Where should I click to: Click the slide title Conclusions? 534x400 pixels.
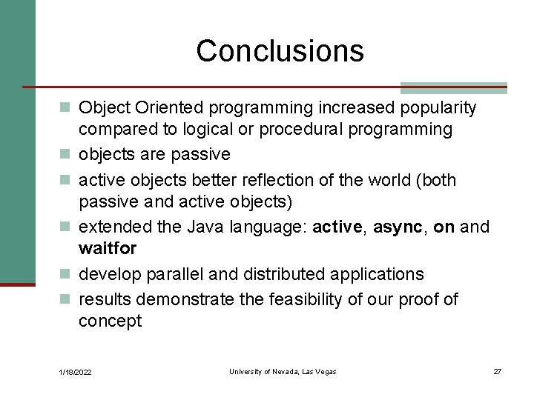point(280,51)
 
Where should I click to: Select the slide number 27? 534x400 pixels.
point(497,371)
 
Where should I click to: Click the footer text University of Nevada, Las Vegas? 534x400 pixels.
point(283,371)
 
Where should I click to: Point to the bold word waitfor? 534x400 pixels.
point(108,248)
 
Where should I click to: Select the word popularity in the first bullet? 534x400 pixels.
point(438,108)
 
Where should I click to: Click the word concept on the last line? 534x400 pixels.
point(110,321)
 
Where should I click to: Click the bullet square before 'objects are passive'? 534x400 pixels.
point(65,155)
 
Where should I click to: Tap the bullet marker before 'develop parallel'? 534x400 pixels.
point(65,274)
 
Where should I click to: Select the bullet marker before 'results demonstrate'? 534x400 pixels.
point(65,299)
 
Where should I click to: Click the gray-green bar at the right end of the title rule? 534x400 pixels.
point(453,87)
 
